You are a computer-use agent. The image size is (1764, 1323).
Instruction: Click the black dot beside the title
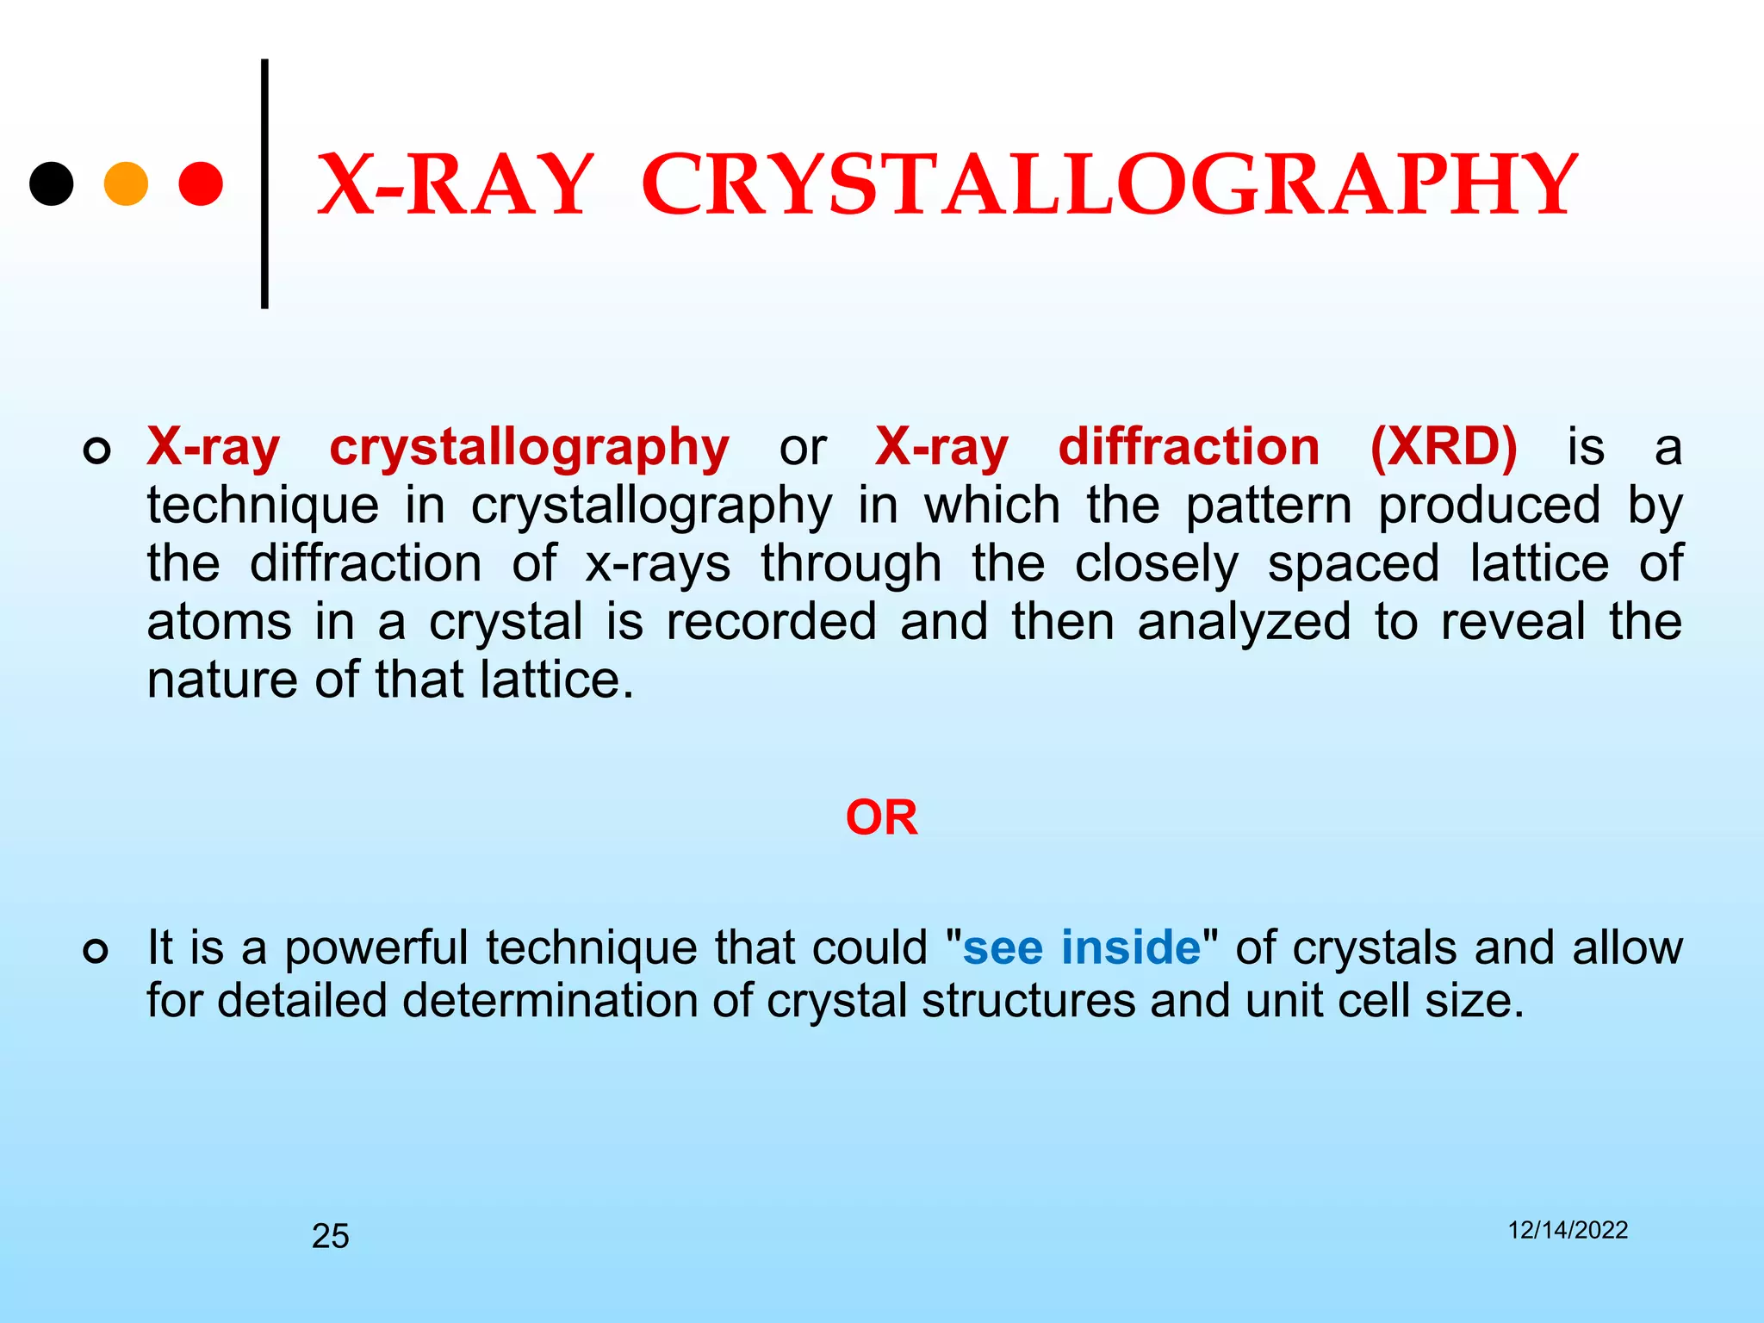pos(52,183)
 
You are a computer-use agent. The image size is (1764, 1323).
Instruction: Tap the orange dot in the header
pos(126,183)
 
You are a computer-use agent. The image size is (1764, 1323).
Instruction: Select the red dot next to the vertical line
pos(201,183)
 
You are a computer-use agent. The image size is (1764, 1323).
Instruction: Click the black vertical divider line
pos(264,183)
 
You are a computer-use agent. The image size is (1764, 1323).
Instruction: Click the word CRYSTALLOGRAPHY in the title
pos(1109,185)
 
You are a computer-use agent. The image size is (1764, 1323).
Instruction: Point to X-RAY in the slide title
pos(456,185)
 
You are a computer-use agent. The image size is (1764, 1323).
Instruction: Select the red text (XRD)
pos(1443,447)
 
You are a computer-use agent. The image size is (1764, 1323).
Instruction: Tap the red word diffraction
pos(1189,447)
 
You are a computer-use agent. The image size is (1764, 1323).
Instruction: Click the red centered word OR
pos(881,817)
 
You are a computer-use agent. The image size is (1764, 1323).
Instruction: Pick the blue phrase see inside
pos(1081,947)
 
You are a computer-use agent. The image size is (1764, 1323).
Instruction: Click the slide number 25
pos(330,1236)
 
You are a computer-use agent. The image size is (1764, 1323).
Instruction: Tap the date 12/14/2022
pos(1568,1230)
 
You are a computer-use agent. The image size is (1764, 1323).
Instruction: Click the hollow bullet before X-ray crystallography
pos(96,450)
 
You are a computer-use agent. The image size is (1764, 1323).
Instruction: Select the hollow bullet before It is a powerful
pos(96,952)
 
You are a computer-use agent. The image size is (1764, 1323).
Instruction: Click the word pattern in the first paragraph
pos(1269,506)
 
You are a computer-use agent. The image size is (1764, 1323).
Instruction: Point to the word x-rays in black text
pos(658,564)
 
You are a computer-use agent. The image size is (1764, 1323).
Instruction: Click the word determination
pos(576,1001)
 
